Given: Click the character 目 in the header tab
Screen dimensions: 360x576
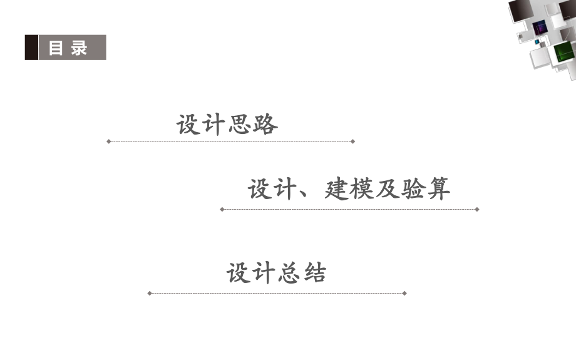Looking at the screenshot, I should click(56, 48).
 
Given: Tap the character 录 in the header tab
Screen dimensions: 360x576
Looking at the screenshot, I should click(80, 48).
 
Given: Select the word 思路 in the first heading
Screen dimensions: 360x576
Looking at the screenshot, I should click(253, 125).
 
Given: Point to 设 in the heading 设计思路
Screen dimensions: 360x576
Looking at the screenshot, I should click(187, 125).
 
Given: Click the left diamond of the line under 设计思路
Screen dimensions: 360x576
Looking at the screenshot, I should click(108, 141).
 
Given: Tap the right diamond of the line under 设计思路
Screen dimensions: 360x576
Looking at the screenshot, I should click(352, 141).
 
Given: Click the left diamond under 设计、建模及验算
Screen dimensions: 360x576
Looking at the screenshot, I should click(222, 209).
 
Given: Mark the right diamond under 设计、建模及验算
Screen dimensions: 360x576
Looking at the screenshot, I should click(477, 209).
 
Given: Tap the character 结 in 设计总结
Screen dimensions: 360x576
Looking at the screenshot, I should click(314, 274).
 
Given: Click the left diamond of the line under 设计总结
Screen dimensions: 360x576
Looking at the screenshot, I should click(150, 293).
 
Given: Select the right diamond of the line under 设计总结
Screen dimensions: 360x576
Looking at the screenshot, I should click(404, 293).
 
